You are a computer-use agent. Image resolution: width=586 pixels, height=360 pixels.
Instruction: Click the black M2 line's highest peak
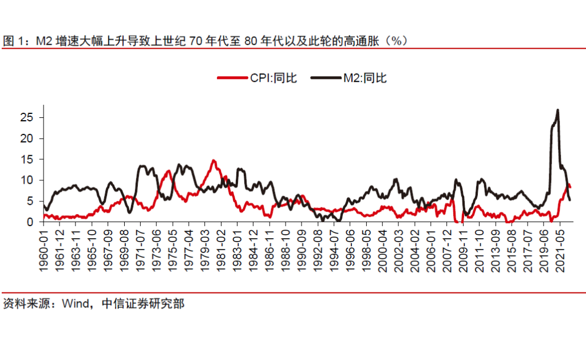tap(557, 110)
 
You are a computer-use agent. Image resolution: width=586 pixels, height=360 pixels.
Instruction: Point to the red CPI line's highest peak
tap(213, 161)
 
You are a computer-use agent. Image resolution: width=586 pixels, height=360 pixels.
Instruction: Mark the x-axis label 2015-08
tap(515, 247)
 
